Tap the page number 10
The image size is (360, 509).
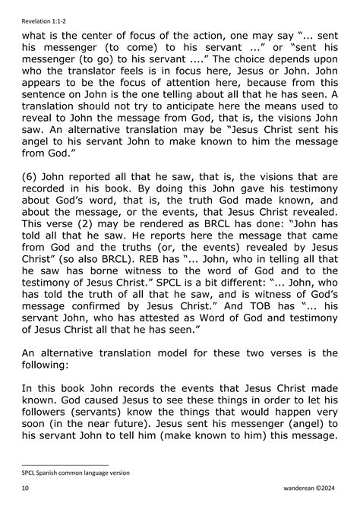[25, 492]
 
